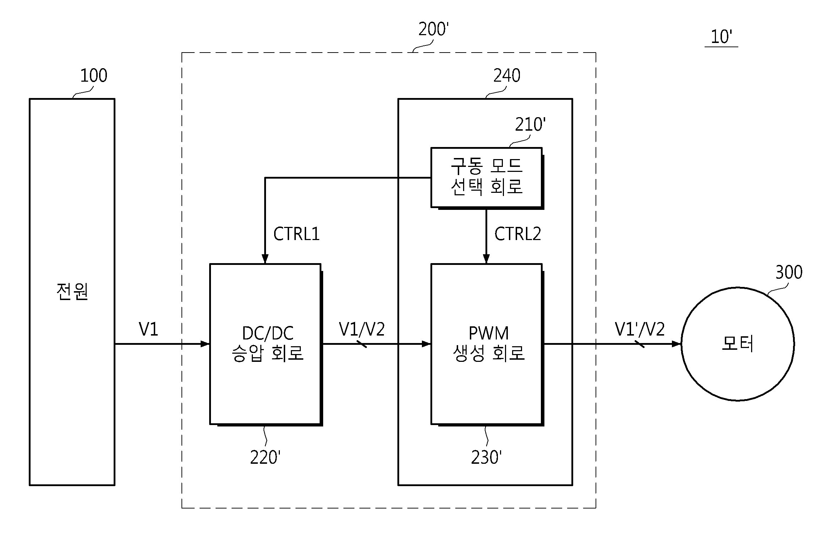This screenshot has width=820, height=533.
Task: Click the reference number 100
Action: click(x=94, y=76)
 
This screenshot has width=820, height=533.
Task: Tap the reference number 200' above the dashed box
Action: click(x=434, y=29)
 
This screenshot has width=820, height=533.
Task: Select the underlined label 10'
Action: click(x=721, y=37)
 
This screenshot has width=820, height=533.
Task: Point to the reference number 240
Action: click(x=507, y=76)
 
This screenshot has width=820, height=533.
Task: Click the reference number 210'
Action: click(x=530, y=125)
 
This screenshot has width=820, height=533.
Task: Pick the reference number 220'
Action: click(x=265, y=457)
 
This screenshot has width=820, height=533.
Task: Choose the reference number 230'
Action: click(x=486, y=457)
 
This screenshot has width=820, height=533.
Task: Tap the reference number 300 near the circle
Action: click(x=789, y=272)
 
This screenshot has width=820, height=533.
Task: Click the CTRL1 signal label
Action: click(x=297, y=234)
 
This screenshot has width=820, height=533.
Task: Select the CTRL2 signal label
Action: click(x=518, y=234)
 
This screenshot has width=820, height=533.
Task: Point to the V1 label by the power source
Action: click(x=148, y=329)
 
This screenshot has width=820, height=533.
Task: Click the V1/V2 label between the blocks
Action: click(x=362, y=329)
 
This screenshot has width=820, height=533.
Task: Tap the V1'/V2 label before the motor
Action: click(x=640, y=329)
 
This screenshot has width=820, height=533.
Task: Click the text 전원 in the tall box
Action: click(x=72, y=292)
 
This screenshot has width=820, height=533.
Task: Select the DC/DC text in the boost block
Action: click(x=268, y=333)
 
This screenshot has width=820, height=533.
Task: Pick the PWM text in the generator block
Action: click(x=489, y=333)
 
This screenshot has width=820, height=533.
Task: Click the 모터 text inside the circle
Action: click(x=738, y=344)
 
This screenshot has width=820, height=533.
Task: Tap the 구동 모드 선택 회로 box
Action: click(x=487, y=178)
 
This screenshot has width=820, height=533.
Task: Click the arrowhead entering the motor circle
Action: click(x=677, y=344)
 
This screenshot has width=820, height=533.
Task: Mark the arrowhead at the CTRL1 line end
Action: click(x=265, y=259)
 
